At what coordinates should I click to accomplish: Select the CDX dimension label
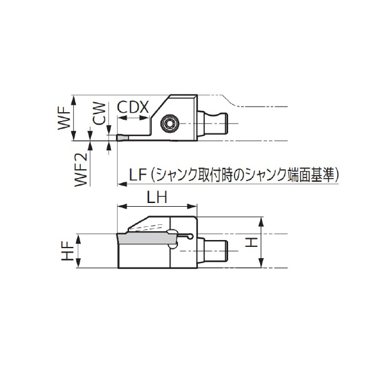[x=133, y=107]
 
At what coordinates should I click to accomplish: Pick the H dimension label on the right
[x=251, y=241]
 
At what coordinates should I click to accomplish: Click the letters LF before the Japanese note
[x=137, y=174]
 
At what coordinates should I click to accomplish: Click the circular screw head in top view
[x=170, y=123]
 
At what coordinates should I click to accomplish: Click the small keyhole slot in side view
[x=185, y=236]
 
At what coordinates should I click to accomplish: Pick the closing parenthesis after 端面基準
[x=337, y=174]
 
